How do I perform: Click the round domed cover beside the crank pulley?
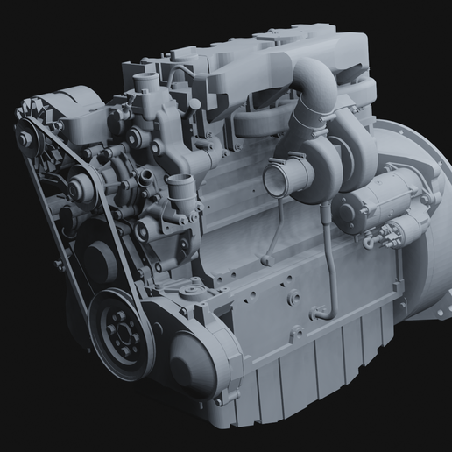(x=197, y=360)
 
